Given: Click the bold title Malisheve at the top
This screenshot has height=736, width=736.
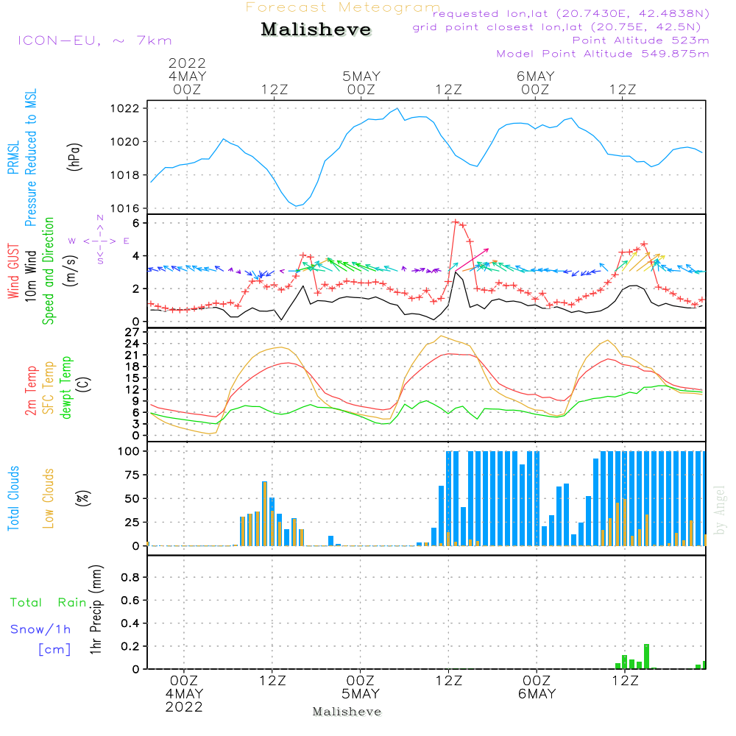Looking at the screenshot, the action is tap(316, 29).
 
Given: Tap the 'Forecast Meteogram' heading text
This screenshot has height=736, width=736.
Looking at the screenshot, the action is tap(343, 7).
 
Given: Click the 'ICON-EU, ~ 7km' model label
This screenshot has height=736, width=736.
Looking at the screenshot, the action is tap(95, 40).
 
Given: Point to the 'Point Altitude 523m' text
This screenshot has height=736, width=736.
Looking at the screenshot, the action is tap(641, 40).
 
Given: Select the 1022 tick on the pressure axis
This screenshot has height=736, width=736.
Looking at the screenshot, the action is tap(124, 108).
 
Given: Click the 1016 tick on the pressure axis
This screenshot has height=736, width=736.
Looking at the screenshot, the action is tap(124, 208).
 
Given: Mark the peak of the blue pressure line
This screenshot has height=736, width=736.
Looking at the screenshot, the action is tap(397, 108).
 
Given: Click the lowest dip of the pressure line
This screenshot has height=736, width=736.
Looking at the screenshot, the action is tap(296, 205).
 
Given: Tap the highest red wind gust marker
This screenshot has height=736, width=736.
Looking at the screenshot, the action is tap(455, 221).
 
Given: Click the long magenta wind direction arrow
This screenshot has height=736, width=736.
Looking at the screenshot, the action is tap(473, 260).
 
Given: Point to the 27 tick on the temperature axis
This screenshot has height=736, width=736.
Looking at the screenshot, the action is tap(132, 333).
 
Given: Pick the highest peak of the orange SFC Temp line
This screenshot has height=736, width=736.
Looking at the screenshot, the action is tap(441, 336).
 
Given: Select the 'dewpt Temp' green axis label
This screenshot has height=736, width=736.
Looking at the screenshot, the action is tap(66, 387).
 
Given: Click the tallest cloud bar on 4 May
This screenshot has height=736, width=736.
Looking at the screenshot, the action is tap(264, 514).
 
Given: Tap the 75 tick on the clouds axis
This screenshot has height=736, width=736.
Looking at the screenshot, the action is tap(132, 475).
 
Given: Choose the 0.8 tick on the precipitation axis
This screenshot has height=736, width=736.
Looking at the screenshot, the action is tap(130, 577).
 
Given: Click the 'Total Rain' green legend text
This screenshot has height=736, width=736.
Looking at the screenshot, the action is tap(49, 603).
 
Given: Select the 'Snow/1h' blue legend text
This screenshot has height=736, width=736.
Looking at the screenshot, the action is tap(40, 629).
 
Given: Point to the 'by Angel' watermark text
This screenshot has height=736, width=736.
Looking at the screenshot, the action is tap(720, 510).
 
